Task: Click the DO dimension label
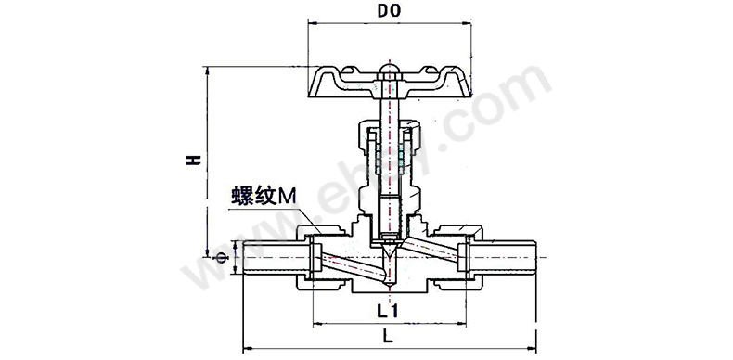coord(390,12)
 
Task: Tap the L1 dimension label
coord(388,312)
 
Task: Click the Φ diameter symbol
coord(221,258)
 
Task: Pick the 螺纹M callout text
coord(264,197)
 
